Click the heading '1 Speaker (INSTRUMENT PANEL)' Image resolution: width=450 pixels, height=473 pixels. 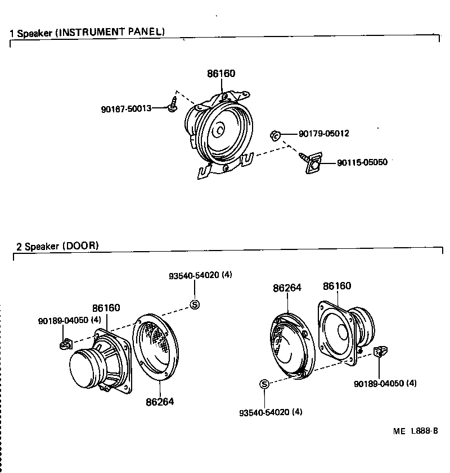coord(87,32)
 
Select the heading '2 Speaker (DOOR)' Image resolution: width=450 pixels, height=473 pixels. coord(57,245)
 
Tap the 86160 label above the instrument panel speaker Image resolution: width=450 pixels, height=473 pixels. coord(221,74)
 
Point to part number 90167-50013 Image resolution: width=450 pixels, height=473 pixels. coord(127,108)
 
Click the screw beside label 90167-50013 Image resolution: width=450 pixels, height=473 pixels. coord(172,104)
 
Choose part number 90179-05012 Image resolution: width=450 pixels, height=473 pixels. coord(324,134)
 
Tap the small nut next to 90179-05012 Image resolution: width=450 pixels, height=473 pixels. coord(276,135)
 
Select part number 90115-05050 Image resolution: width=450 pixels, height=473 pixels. coord(362,163)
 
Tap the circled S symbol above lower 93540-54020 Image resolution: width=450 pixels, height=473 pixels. coord(264,384)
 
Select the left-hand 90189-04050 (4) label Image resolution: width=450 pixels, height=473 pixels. coord(70,320)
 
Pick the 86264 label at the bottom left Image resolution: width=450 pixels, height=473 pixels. coord(160,402)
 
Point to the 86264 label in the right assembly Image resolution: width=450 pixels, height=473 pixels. coord(287,288)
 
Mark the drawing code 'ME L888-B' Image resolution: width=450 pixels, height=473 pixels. coord(415,431)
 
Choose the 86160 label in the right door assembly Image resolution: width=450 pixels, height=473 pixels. coord(337,286)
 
